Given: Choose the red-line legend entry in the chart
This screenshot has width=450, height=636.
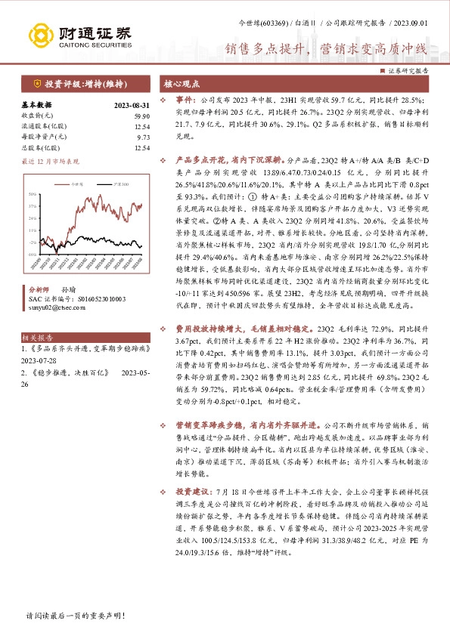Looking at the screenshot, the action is (72, 184).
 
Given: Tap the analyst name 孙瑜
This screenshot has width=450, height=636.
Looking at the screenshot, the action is (69, 289).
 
